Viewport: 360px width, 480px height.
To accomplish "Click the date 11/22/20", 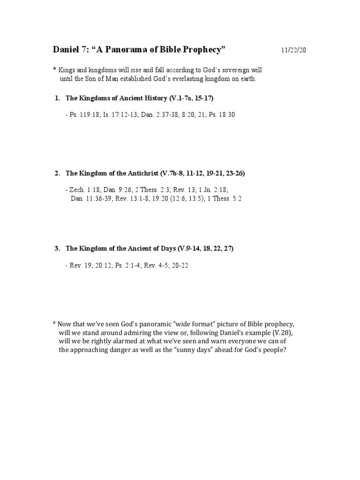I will [293, 50].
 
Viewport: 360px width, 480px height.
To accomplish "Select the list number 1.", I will [57, 98].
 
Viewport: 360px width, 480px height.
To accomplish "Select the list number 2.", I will [57, 173].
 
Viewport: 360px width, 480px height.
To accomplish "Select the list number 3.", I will [57, 248].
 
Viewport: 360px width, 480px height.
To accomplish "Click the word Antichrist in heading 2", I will [140, 173].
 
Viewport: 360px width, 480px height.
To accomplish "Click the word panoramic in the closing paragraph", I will [147, 324].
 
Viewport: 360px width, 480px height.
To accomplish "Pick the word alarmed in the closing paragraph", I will [118, 342].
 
